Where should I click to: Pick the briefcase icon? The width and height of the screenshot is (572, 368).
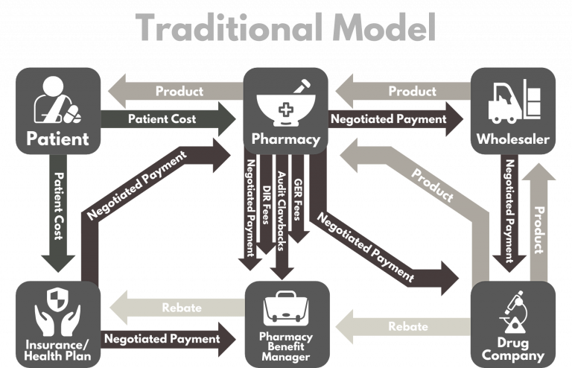pyautogui.click(x=286, y=308)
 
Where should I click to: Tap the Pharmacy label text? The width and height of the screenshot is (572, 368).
pyautogui.click(x=286, y=139)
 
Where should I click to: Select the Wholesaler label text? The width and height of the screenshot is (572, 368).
pyautogui.click(x=512, y=139)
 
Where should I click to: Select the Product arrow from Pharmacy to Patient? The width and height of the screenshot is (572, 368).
pyautogui.click(x=179, y=92)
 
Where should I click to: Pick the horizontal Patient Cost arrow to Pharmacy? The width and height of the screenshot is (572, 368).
pyautogui.click(x=162, y=119)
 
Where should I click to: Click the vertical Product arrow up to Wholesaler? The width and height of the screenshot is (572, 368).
pyautogui.click(x=540, y=216)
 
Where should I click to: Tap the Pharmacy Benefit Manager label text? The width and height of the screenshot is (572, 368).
pyautogui.click(x=286, y=346)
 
